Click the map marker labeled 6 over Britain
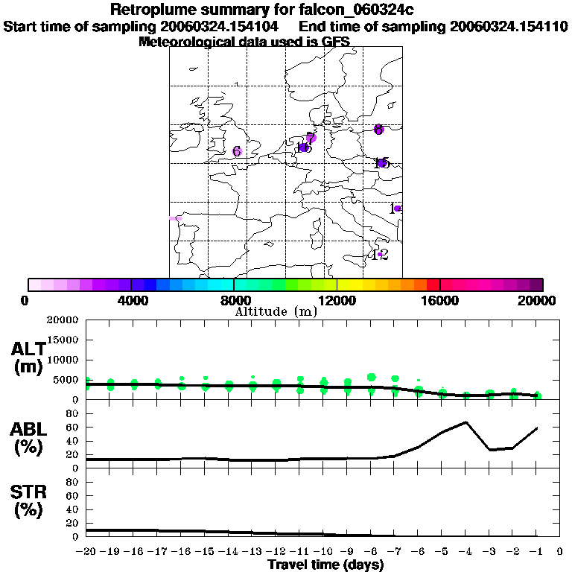tap(238, 151)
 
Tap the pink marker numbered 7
tap(311, 138)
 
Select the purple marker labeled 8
tap(378, 130)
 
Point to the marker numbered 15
tap(382, 163)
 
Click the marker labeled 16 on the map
tap(303, 147)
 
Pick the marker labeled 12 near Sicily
tap(380, 255)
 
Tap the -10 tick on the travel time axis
tap(323, 552)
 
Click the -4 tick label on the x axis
tap(465, 552)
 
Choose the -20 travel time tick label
tap(86, 552)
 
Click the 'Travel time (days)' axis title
tap(325, 565)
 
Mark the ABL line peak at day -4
tap(465, 422)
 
